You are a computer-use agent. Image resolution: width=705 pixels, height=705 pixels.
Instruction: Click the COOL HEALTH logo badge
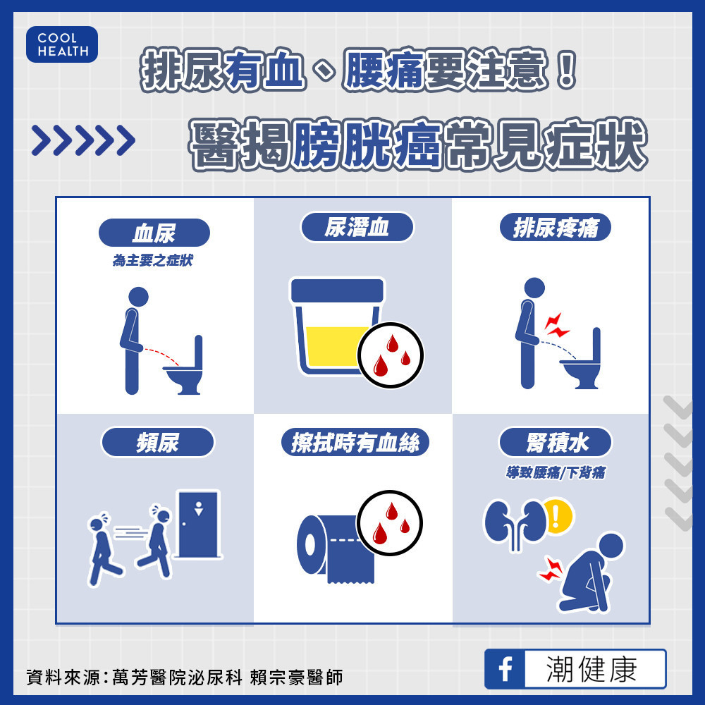[62, 44]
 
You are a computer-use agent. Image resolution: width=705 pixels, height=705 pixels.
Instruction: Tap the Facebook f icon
[505, 669]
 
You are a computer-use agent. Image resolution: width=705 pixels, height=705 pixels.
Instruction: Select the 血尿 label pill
[154, 233]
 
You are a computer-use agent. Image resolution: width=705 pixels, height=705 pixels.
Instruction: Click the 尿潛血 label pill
[357, 227]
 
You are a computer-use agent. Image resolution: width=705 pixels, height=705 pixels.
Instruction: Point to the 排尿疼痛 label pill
[556, 227]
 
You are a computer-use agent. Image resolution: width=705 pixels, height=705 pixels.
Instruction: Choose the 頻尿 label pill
[158, 442]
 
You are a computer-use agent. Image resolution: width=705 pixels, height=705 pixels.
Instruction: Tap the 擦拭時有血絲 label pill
[355, 442]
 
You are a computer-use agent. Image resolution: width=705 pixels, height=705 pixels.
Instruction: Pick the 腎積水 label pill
[556, 442]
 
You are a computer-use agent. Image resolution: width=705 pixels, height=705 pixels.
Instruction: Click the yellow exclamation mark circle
[558, 517]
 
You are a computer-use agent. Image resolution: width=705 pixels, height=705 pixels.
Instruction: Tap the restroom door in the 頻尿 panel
[199, 525]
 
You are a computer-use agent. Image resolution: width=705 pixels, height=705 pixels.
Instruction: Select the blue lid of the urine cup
[338, 290]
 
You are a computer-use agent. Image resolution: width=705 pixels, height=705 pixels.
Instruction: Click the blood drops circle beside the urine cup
[391, 355]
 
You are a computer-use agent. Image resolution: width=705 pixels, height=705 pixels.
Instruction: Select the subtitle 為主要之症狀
[153, 260]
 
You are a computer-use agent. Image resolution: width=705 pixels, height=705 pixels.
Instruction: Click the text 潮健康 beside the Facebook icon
[591, 669]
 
